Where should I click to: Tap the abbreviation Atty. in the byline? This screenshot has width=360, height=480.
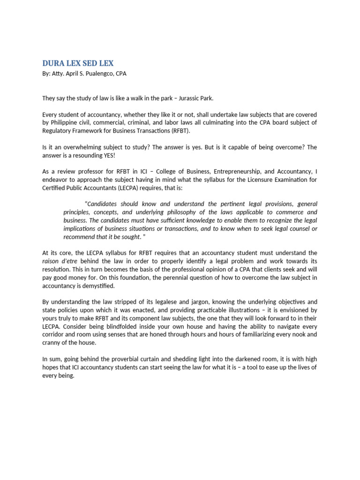pyautogui.click(x=57, y=74)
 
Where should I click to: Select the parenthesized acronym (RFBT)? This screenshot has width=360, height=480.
pyautogui.click(x=178, y=130)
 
